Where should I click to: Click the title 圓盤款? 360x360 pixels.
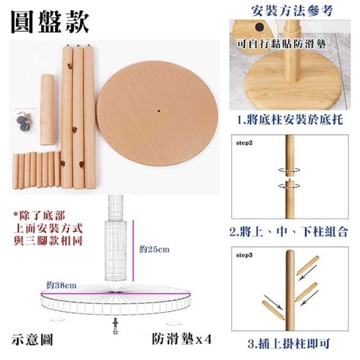click(x=50, y=22)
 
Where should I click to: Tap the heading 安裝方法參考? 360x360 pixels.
click(x=292, y=11)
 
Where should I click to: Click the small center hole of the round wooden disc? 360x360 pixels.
click(x=159, y=111)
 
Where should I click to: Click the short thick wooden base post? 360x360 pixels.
click(x=47, y=110)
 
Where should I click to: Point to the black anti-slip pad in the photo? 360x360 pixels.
click(x=259, y=27)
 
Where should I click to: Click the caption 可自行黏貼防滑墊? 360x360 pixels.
click(x=281, y=44)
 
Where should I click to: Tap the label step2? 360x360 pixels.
click(x=244, y=143)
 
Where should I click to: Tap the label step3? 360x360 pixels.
click(x=244, y=255)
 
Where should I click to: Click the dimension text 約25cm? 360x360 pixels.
click(x=155, y=249)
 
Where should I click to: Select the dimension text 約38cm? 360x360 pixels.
click(x=61, y=285)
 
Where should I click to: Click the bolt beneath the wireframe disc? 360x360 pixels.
click(x=115, y=326)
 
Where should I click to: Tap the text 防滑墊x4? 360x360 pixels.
click(x=182, y=339)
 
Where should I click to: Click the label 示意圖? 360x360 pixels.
click(x=32, y=339)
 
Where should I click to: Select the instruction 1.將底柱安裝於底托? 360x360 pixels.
click(x=290, y=120)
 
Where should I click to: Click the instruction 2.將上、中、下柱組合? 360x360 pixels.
click(x=289, y=231)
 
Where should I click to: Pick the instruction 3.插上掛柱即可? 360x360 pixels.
click(x=289, y=344)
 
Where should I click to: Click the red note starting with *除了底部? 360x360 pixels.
click(x=48, y=228)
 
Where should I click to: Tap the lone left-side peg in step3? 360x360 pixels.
click(x=273, y=310)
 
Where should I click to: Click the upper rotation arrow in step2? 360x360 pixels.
click(x=289, y=170)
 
